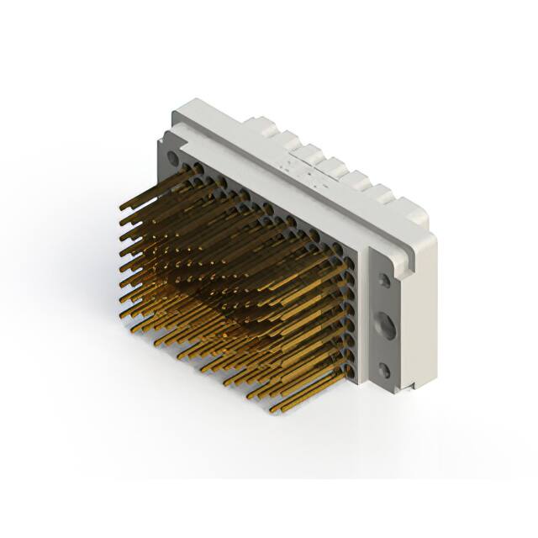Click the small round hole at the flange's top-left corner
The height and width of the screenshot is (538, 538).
pos(173,156)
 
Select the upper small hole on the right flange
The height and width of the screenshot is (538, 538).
pos(384,281)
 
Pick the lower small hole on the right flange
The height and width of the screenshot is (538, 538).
pos(386,368)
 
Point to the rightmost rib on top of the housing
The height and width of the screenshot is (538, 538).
pos(388,196)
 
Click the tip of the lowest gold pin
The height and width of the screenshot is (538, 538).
pos(273,411)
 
